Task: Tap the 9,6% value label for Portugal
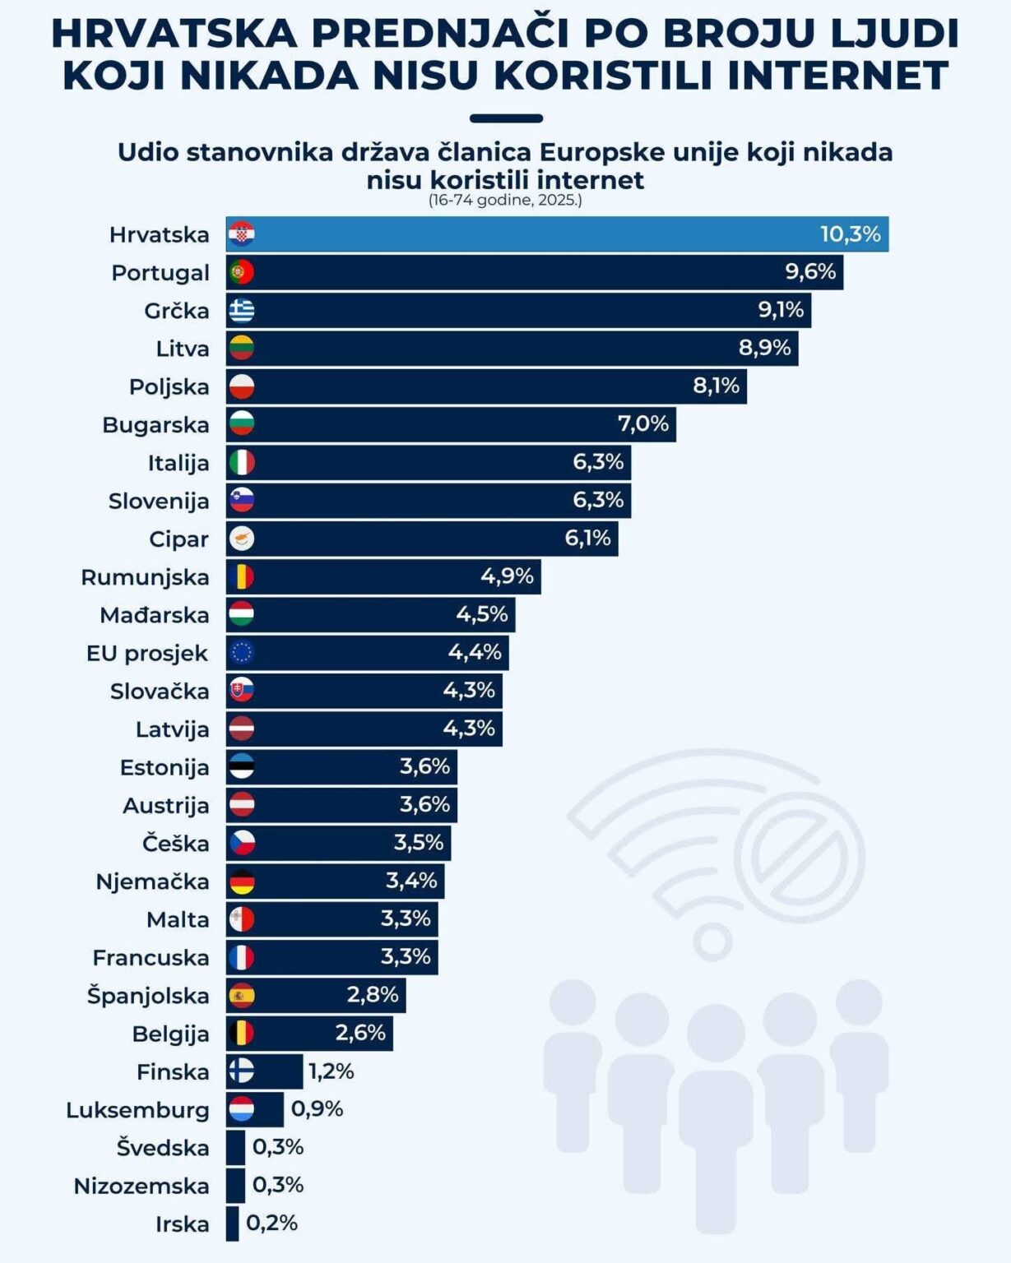(810, 271)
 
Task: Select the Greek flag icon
(242, 310)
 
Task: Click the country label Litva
(183, 349)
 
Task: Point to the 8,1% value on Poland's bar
(716, 386)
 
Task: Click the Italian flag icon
(242, 462)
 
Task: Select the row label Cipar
(179, 539)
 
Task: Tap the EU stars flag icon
(242, 653)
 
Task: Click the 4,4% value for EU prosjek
(475, 652)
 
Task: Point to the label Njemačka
(152, 881)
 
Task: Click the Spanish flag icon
(242, 996)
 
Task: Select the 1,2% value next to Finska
(331, 1071)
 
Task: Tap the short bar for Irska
(232, 1224)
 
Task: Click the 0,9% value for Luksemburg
(317, 1109)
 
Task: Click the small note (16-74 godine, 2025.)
(505, 200)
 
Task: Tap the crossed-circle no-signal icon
(800, 857)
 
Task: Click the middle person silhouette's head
(715, 1033)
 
